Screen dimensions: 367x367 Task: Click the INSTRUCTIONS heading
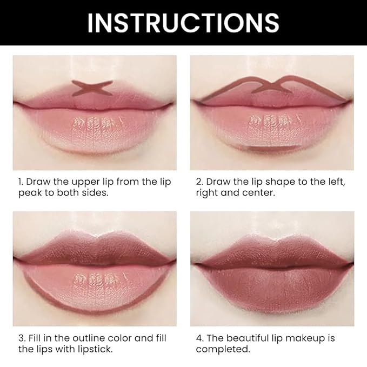click(x=183, y=23)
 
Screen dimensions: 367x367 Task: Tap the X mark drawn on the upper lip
click(x=92, y=88)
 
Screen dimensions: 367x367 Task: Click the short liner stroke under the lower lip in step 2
click(x=272, y=148)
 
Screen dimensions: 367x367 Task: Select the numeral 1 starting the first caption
click(x=15, y=182)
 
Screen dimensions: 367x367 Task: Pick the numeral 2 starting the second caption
click(x=198, y=182)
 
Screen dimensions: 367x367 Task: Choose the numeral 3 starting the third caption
click(x=16, y=338)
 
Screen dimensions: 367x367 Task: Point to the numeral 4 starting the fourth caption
click(x=198, y=338)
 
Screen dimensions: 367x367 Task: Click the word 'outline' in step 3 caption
click(x=84, y=338)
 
